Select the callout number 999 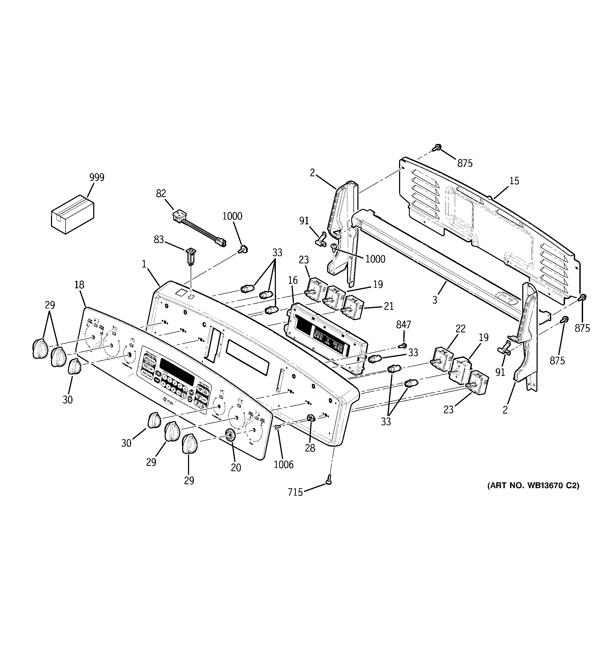point(97,178)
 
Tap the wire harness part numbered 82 point(199,229)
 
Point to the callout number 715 point(295,492)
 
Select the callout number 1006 point(283,465)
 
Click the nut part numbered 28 point(310,418)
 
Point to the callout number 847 point(403,325)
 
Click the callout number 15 point(514,181)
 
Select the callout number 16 point(293,280)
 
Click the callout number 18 point(79,285)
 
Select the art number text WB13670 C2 point(533,486)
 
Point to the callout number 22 point(460,329)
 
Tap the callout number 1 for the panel point(144,264)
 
